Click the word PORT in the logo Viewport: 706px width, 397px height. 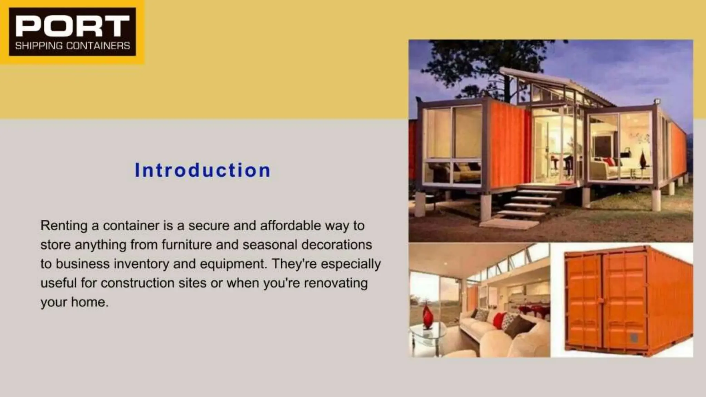[72, 26]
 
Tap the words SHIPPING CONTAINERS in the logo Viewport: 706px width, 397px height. [72, 46]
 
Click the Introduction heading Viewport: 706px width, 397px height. [203, 170]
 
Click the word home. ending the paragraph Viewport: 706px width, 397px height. [90, 302]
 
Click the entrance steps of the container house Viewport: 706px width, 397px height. [527, 203]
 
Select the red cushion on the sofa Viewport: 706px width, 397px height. [499, 320]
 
